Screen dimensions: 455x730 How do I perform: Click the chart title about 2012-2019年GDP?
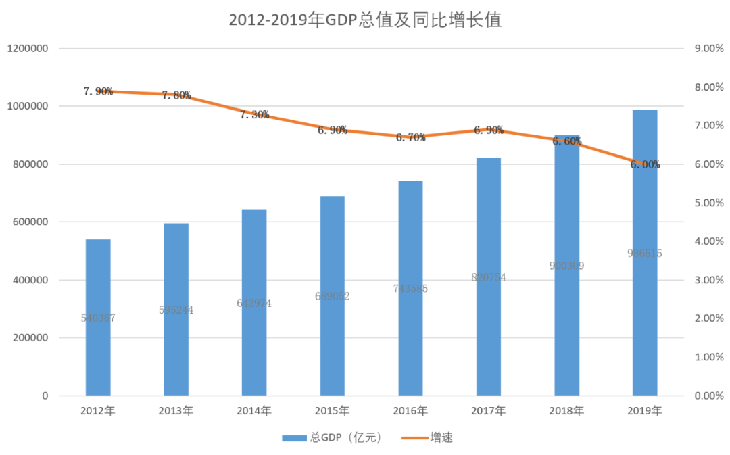[364, 20]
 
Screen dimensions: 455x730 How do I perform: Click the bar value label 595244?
[176, 310]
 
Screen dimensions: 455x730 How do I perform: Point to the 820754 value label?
[489, 278]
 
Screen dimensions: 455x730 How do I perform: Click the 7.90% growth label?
[98, 91]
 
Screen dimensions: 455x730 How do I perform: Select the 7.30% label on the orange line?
[255, 115]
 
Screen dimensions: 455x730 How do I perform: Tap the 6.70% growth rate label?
[411, 137]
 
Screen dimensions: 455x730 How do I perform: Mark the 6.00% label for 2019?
[645, 164]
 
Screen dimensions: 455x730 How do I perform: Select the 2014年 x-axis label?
[254, 411]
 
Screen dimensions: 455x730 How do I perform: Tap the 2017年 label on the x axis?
[489, 411]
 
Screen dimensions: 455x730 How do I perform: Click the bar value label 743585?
[410, 289]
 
